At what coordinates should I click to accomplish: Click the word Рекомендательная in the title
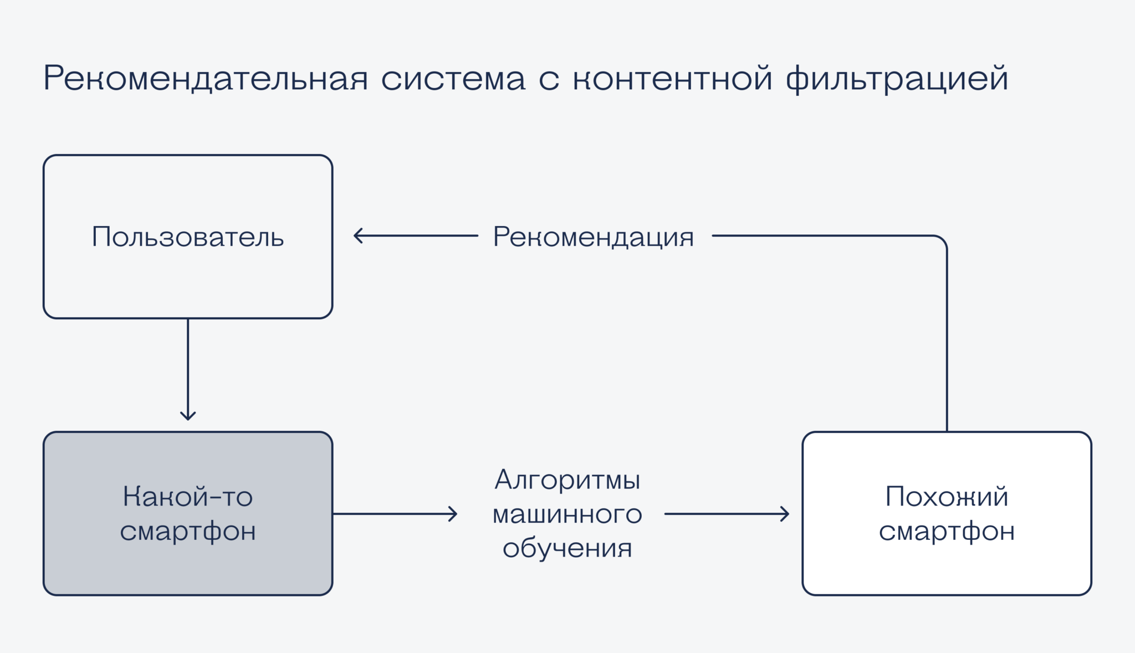[206, 78]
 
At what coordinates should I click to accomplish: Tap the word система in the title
[453, 79]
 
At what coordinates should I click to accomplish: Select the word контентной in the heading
[672, 79]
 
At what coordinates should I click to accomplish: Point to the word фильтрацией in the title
[897, 79]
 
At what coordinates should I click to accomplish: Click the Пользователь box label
[188, 237]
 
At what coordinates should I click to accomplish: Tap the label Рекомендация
[594, 237]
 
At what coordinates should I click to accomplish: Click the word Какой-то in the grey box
[188, 496]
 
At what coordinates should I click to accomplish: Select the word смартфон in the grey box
[188, 531]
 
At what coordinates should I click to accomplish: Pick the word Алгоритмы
[567, 480]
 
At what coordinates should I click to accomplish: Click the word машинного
[567, 514]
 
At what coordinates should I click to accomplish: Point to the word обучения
[567, 548]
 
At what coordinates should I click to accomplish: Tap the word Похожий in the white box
[947, 496]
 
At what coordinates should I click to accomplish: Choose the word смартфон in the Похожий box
[947, 531]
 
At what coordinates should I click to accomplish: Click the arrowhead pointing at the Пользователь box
[357, 236]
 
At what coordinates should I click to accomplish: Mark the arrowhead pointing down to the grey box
[188, 416]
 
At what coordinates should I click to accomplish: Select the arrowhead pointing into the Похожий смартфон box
[785, 514]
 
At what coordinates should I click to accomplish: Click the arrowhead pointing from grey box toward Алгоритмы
[453, 514]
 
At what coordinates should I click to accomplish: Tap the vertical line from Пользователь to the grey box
[188, 366]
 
